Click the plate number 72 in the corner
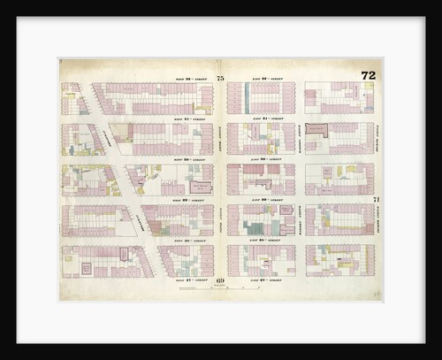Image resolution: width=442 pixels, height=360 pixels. coord(368,75)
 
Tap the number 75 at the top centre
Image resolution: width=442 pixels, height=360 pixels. coord(220,80)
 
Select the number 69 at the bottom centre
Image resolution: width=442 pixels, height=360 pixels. coord(220,280)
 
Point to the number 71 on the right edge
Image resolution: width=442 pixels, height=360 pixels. coord(376,199)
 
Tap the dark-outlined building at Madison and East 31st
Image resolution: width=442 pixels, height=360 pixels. coord(316,129)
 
